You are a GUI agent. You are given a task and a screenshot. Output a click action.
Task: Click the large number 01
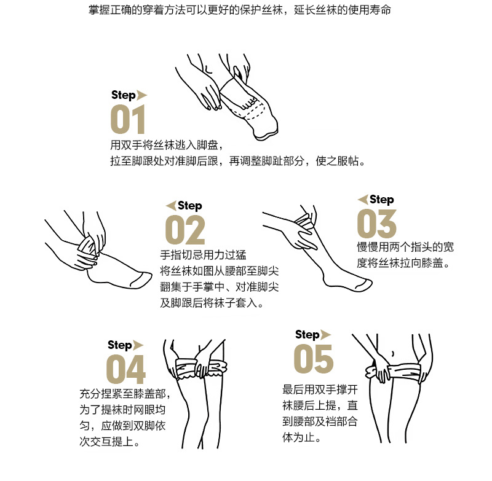pos(128,119)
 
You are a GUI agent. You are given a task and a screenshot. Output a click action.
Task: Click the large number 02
pos(185,230)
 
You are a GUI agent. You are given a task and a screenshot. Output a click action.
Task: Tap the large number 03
pos(376,223)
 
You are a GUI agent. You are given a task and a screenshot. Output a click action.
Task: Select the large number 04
pos(126,369)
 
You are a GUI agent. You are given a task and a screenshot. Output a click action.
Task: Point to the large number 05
pos(313,358)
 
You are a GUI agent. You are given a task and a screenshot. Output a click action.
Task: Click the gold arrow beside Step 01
pos(142,95)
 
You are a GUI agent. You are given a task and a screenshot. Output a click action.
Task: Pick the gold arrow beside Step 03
pos(363,199)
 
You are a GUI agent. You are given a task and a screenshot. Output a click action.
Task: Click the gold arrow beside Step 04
pos(138,345)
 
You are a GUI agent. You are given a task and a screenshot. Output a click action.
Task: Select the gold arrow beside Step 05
pos(326,334)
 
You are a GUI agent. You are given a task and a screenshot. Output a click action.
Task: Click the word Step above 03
pos(381,200)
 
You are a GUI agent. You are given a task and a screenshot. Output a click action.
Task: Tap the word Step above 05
pos(307,335)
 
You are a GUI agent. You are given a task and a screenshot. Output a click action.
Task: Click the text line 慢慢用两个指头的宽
pos(405,248)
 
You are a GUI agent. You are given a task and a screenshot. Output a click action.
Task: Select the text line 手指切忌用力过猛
pos(200,255)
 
